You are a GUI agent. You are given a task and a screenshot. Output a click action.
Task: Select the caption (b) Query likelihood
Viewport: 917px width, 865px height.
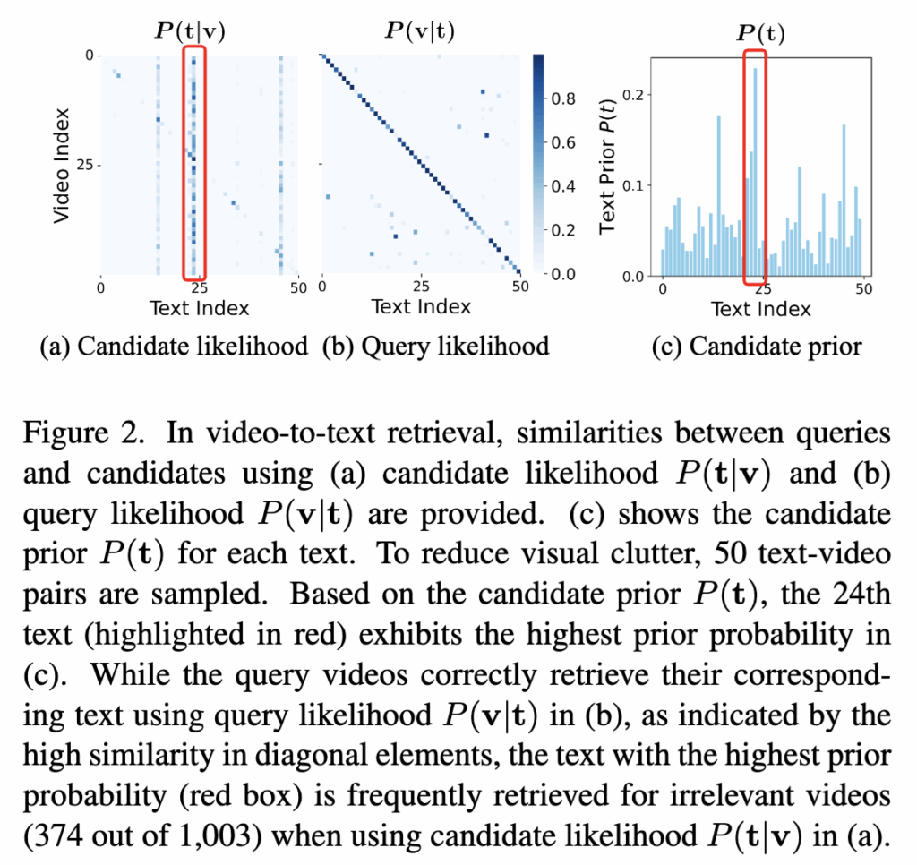(435, 346)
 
